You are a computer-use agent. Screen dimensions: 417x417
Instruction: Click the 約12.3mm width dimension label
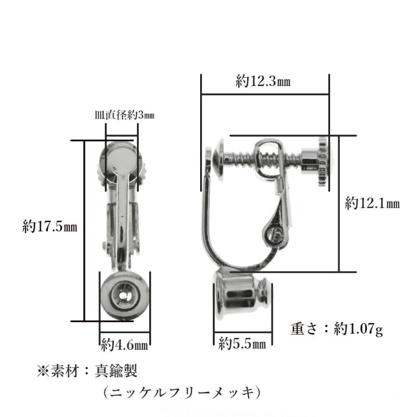(x=263, y=82)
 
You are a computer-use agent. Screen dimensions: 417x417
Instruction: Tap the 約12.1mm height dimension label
(x=372, y=203)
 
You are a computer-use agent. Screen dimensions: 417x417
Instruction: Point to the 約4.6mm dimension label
(x=125, y=345)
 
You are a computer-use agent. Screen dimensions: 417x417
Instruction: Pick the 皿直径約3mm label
(x=124, y=115)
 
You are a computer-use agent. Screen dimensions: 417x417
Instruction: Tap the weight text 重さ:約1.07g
(x=337, y=329)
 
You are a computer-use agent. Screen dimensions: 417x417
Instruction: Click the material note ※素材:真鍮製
(x=87, y=371)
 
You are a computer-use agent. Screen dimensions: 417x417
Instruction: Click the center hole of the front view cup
(x=124, y=296)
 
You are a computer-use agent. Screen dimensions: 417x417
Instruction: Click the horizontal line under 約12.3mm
(x=265, y=94)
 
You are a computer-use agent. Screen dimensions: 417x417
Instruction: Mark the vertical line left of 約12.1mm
(x=339, y=203)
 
